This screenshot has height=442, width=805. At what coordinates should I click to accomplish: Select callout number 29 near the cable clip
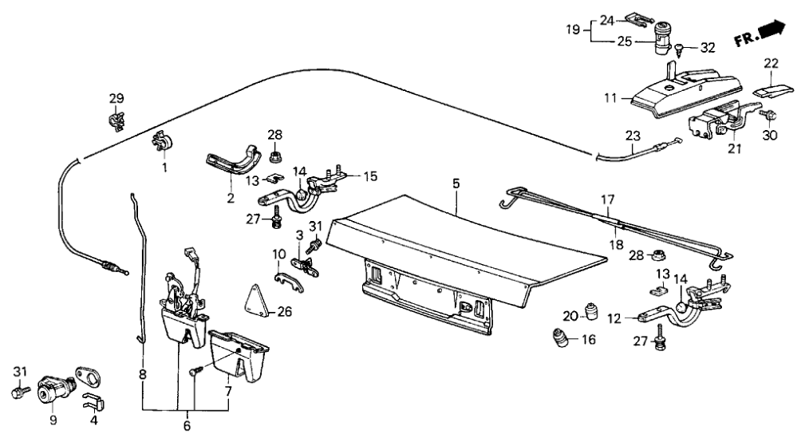point(116,98)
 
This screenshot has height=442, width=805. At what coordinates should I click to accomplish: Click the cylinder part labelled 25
point(662,40)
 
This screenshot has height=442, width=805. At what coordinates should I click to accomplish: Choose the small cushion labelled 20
point(591,309)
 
